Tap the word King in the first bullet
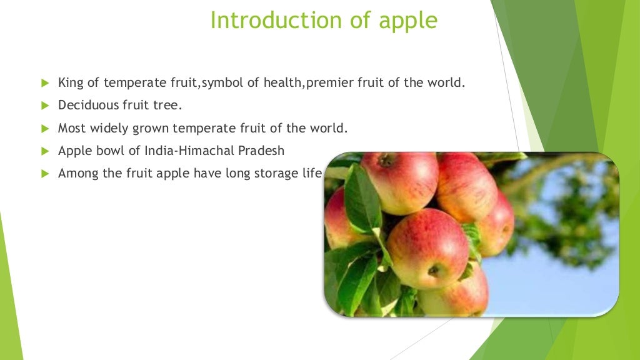point(69,82)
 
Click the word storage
point(275,174)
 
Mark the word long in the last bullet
point(231,174)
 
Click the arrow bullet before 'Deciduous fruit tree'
point(44,106)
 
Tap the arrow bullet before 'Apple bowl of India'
point(44,151)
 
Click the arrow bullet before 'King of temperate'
point(44,83)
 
